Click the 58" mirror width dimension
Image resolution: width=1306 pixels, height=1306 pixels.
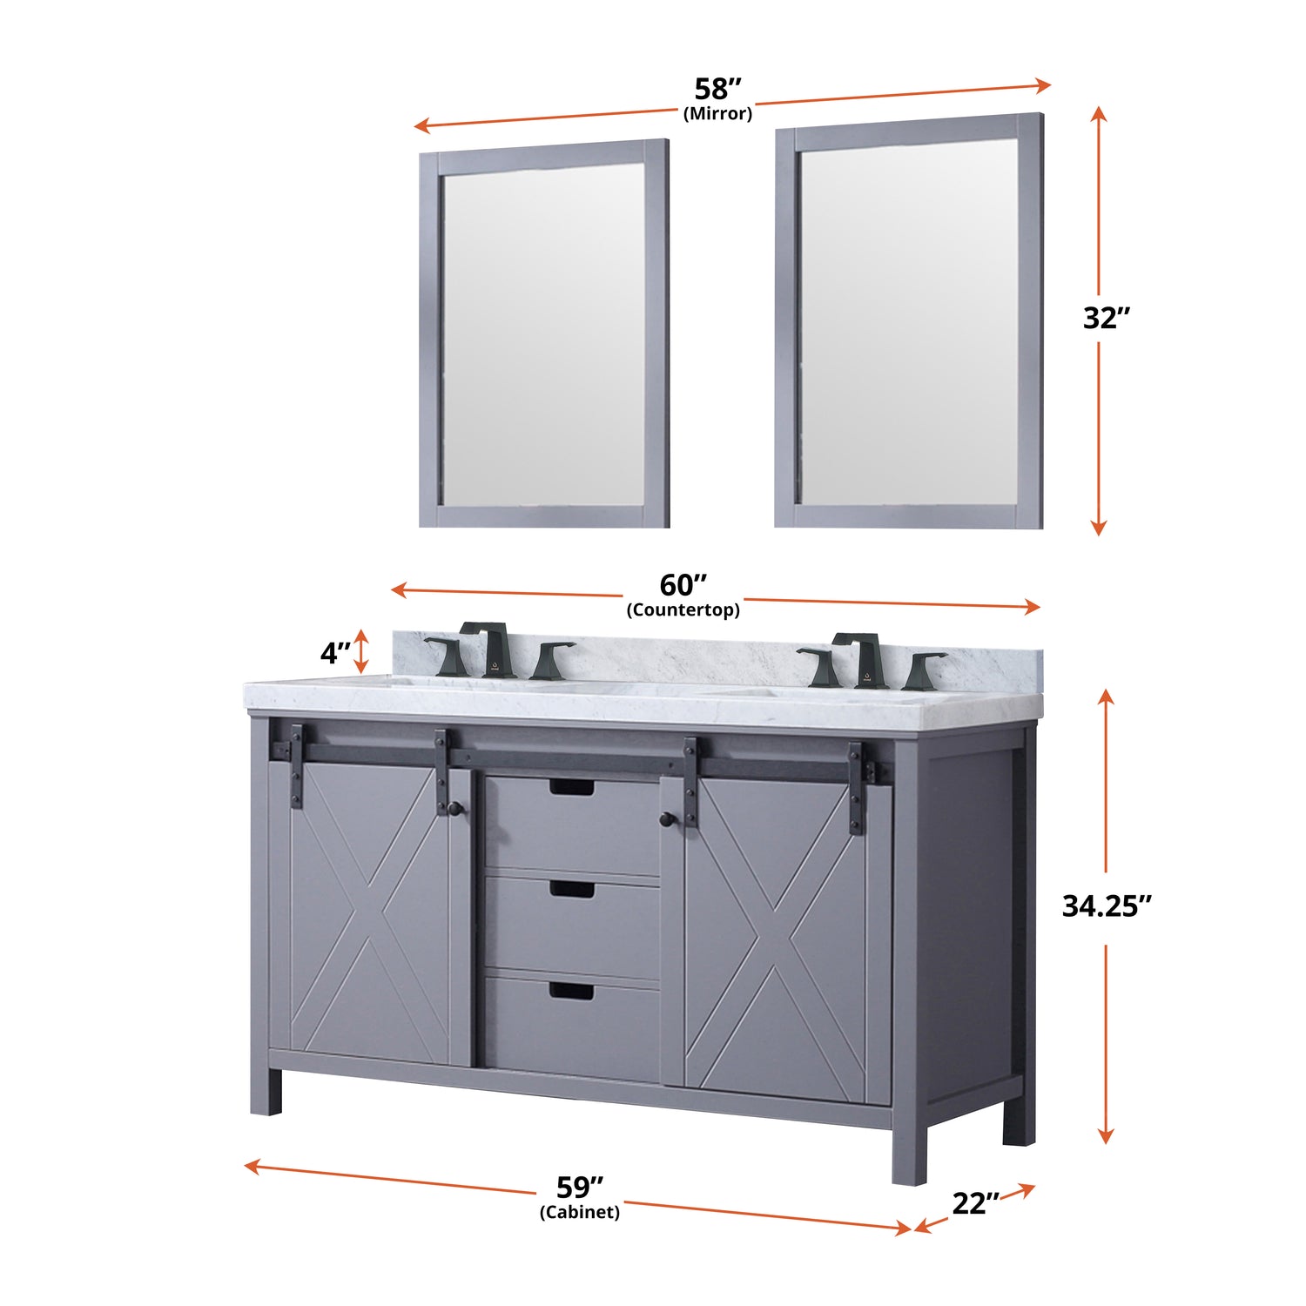(x=717, y=89)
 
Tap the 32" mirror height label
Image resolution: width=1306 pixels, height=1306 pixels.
(x=1106, y=318)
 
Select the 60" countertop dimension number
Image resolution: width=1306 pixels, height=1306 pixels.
(x=683, y=584)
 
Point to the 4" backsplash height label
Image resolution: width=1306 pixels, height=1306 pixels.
(x=335, y=652)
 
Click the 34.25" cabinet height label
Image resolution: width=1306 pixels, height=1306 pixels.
(x=1107, y=906)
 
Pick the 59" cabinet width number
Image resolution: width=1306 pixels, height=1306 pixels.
(x=580, y=1187)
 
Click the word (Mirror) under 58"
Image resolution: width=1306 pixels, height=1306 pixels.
(x=717, y=113)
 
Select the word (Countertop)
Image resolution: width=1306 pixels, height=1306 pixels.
(x=683, y=609)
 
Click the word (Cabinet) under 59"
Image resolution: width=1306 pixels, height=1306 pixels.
(x=580, y=1212)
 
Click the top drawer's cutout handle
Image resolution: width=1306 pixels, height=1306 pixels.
(x=572, y=788)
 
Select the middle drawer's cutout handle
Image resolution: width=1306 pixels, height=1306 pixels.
(x=572, y=890)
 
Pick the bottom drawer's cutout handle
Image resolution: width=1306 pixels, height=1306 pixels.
(x=572, y=991)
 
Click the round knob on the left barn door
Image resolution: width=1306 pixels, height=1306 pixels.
(x=454, y=809)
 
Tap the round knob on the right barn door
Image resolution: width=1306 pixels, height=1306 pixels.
(x=666, y=818)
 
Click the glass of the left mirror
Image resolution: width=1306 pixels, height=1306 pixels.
(x=544, y=333)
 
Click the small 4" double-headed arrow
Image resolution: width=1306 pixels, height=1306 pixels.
(x=361, y=652)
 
